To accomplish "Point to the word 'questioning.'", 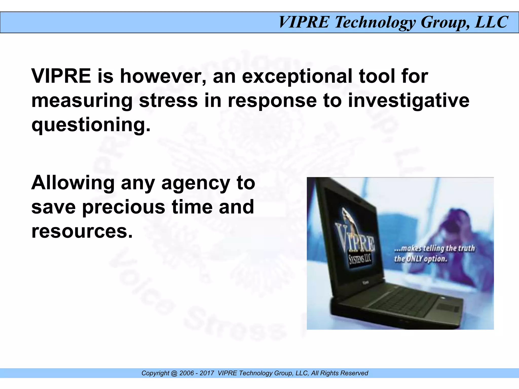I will pyautogui.click(x=91, y=125).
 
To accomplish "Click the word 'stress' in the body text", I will pyautogui.click(x=168, y=101).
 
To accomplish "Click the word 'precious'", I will pyautogui.click(x=124, y=207).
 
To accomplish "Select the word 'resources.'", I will pyautogui.click(x=82, y=231).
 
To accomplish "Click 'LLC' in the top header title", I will pyautogui.click(x=492, y=22).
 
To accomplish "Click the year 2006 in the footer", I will pyautogui.click(x=187, y=373).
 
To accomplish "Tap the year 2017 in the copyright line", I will pyautogui.click(x=207, y=373).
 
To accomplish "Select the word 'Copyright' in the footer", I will pyautogui.click(x=155, y=373).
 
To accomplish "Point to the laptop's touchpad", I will pyautogui.click(x=447, y=308).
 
